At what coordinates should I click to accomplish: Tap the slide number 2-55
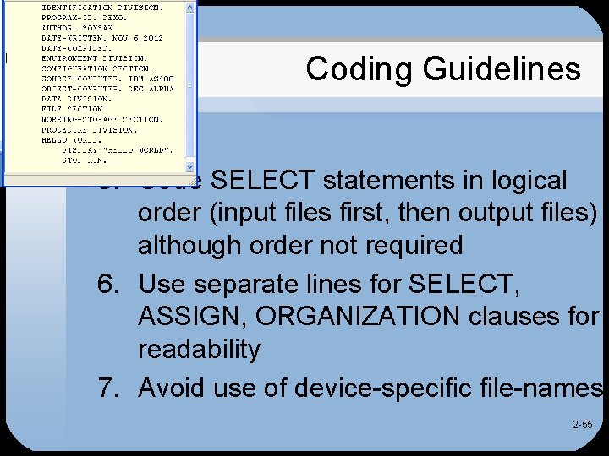(x=582, y=425)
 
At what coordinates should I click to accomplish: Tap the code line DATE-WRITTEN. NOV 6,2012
(x=101, y=38)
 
